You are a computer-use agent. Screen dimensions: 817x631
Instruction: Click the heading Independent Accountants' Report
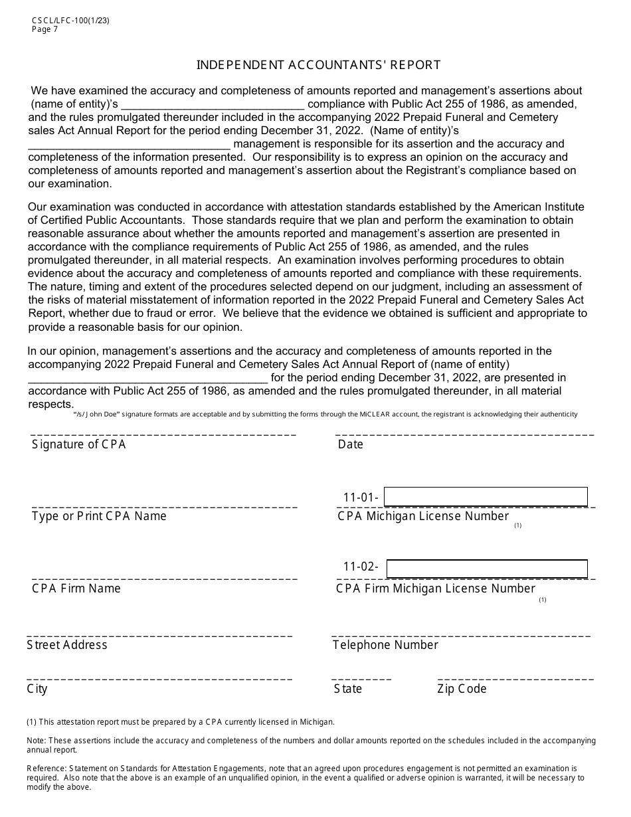click(x=318, y=65)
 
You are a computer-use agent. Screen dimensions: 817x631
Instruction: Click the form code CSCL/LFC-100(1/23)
click(x=70, y=21)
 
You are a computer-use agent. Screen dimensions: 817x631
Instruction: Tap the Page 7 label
click(x=45, y=29)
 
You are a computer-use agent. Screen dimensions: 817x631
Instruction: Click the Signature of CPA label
click(x=78, y=445)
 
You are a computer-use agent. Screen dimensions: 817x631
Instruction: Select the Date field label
click(x=350, y=445)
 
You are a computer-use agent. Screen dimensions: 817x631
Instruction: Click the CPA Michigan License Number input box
click(x=486, y=497)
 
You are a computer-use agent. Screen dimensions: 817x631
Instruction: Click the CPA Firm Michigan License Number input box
click(x=487, y=569)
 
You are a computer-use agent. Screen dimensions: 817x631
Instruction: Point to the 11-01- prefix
click(x=361, y=498)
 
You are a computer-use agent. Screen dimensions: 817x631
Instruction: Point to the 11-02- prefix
click(x=361, y=567)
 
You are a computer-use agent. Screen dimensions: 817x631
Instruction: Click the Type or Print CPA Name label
click(x=99, y=516)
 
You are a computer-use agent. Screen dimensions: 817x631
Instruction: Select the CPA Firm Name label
click(x=76, y=589)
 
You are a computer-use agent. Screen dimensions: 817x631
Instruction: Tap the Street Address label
click(x=67, y=645)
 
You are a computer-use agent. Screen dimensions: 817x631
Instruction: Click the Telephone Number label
click(x=385, y=645)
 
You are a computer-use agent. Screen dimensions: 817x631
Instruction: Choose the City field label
click(x=37, y=689)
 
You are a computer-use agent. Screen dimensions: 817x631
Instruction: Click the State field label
click(x=347, y=689)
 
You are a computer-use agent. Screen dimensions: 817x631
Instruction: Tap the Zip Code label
click(x=462, y=689)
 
